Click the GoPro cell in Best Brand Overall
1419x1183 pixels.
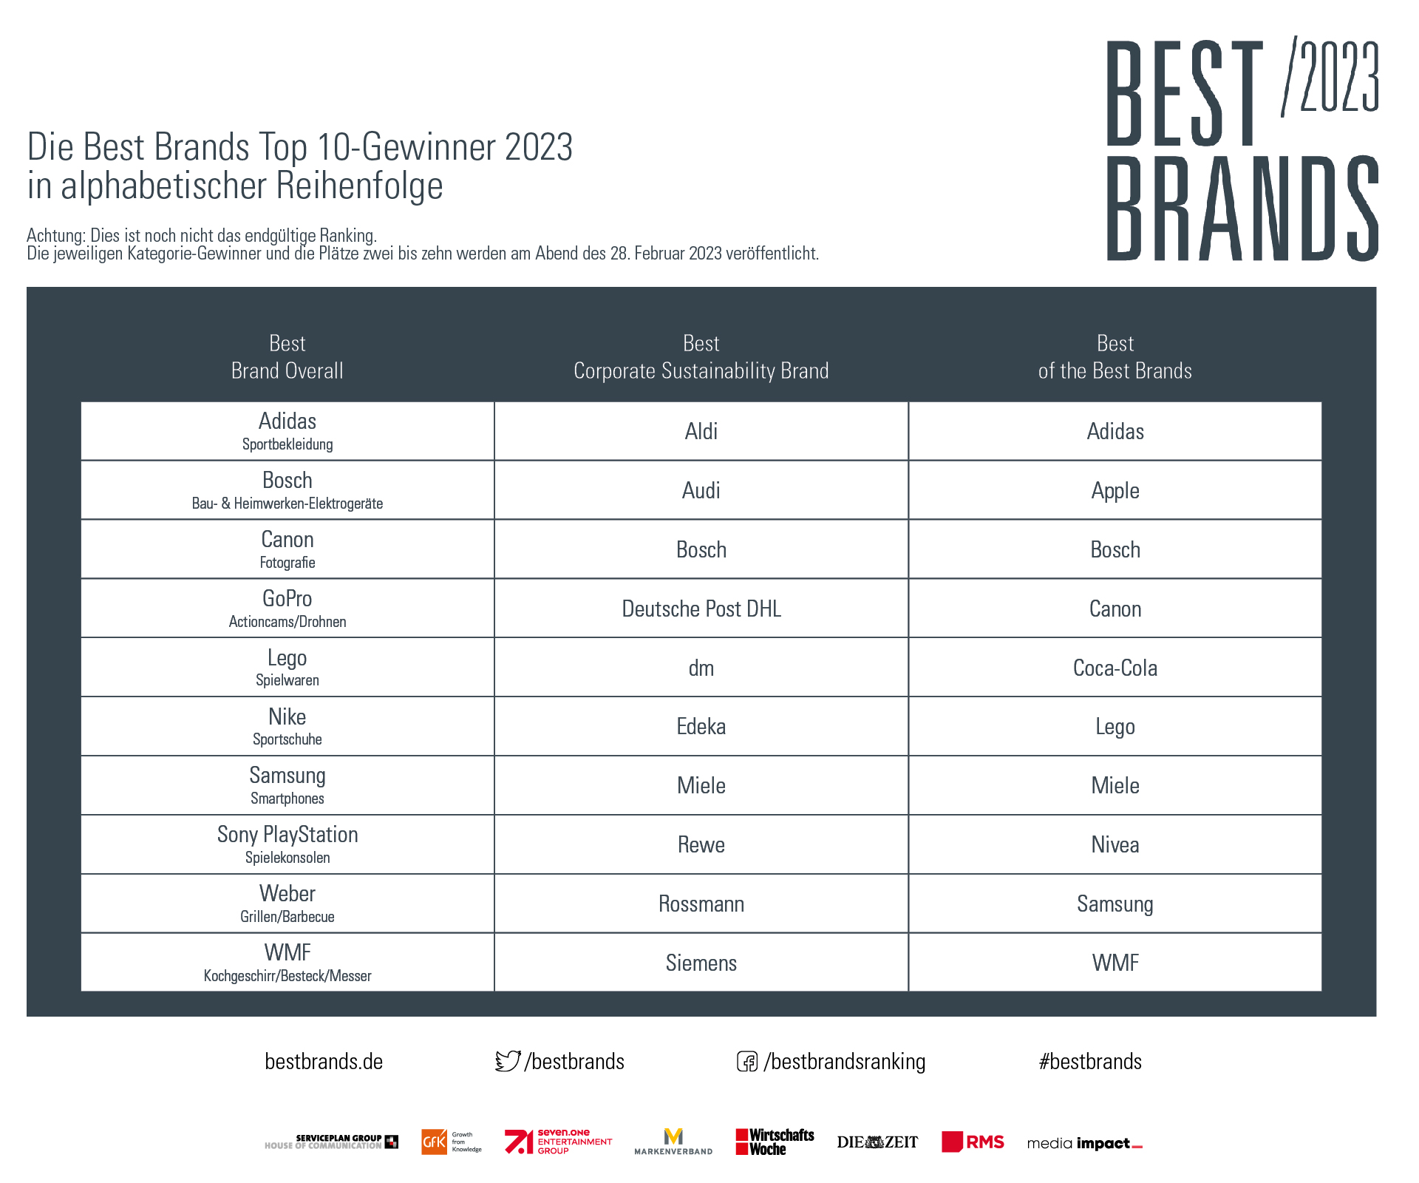287,608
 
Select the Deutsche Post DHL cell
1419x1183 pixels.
701,608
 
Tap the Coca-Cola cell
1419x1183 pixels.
1115,667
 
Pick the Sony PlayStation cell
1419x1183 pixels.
287,844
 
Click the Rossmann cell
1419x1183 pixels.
701,904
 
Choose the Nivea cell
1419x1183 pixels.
1115,844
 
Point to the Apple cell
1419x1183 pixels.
1115,489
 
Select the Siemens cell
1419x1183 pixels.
701,962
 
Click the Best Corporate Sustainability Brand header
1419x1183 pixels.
701,357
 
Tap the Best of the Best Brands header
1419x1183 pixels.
1115,357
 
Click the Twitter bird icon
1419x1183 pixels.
508,1061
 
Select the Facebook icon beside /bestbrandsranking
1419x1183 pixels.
747,1062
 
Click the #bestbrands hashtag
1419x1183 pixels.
1090,1062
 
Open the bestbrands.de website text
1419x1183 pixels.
324,1062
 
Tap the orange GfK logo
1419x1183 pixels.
435,1142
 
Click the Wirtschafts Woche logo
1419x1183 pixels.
775,1142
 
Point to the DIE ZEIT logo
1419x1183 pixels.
877,1142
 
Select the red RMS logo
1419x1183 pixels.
973,1142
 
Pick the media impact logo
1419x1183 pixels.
1085,1144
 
